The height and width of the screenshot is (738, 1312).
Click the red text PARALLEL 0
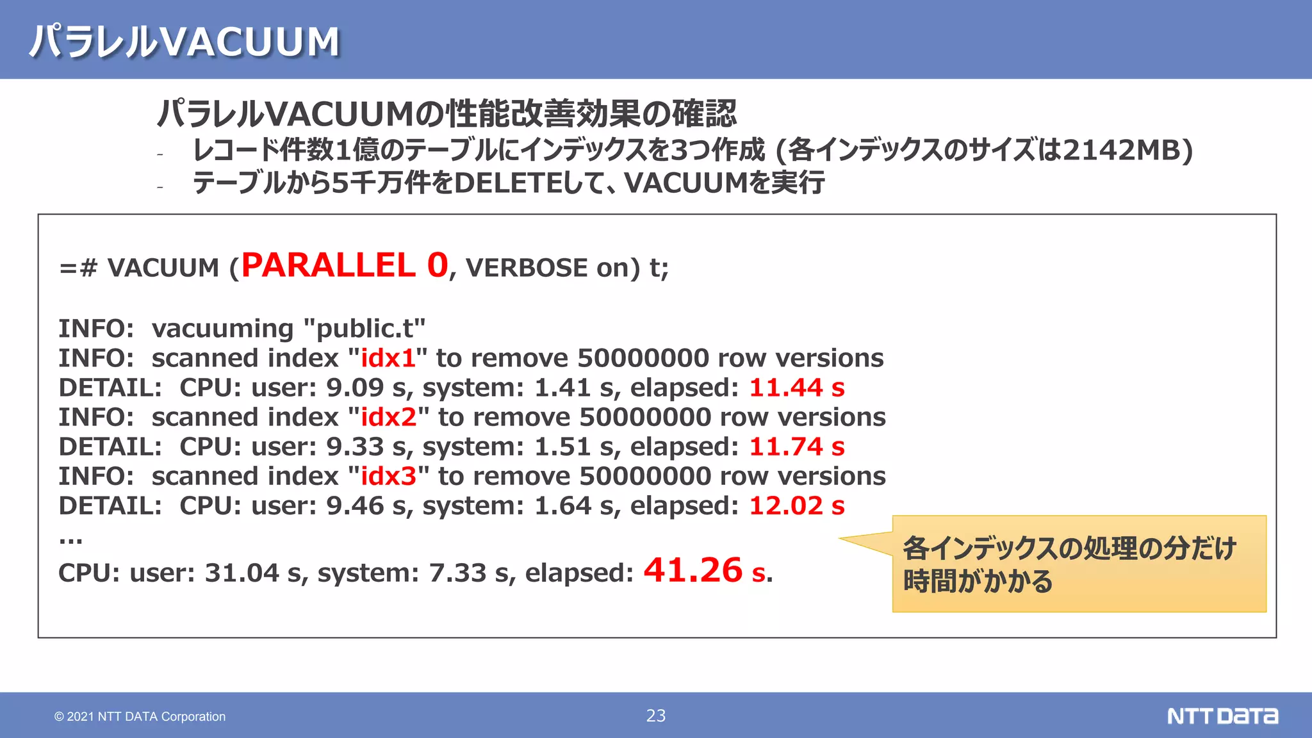[x=345, y=265]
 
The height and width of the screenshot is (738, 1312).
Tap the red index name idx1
[x=388, y=358]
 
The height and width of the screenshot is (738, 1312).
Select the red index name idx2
[x=388, y=417]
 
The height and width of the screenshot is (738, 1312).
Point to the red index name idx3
[x=388, y=476]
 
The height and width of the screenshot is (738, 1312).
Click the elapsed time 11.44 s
[x=796, y=388]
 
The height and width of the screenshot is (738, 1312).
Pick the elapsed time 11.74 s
[x=796, y=447]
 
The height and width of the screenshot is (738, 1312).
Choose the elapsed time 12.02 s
[x=796, y=505]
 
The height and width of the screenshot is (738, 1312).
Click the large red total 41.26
[x=693, y=570]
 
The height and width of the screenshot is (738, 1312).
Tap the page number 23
[x=655, y=716]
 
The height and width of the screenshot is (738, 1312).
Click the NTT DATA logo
[x=1222, y=716]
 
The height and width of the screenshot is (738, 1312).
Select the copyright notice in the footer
[x=140, y=716]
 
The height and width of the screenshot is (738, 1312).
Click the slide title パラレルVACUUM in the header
[x=184, y=41]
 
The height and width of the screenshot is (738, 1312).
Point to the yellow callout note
[x=1079, y=564]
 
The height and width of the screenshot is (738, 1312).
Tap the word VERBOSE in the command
[x=526, y=268]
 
